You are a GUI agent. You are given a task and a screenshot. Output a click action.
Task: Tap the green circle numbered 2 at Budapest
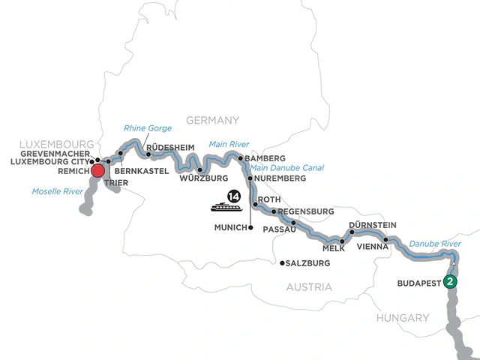pyautogui.click(x=449, y=281)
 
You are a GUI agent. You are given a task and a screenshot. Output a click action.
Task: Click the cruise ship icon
pyautogui.click(x=223, y=204)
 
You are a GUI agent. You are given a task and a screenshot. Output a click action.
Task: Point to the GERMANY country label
pyautogui.click(x=212, y=119)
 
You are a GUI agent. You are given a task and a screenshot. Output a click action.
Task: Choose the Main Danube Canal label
pyautogui.click(x=286, y=168)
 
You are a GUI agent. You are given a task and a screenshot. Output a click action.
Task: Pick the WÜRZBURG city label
pyautogui.click(x=203, y=179)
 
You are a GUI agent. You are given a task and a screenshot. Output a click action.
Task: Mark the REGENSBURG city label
pyautogui.click(x=305, y=211)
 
